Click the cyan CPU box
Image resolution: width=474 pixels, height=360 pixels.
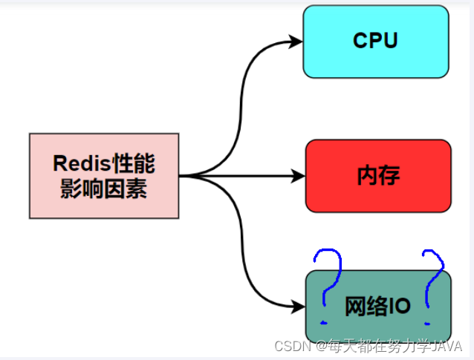tap(376, 42)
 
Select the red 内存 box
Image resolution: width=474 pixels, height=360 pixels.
tap(378, 176)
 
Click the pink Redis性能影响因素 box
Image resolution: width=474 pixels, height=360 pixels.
tap(104, 176)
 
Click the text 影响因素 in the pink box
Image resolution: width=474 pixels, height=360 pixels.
tap(104, 189)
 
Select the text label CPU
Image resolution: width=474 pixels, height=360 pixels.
tap(376, 41)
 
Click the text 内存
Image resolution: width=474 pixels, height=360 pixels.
tap(378, 176)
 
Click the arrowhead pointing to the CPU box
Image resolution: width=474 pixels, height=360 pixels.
tap(296, 42)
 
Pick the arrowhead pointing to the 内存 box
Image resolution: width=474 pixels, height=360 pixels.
tap(299, 176)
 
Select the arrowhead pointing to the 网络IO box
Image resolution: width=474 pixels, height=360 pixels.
tap(299, 306)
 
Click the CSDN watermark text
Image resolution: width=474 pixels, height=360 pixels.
tap(292, 346)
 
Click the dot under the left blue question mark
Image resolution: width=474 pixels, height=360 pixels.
tap(323, 323)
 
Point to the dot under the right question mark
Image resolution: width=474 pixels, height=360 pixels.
tap(429, 323)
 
